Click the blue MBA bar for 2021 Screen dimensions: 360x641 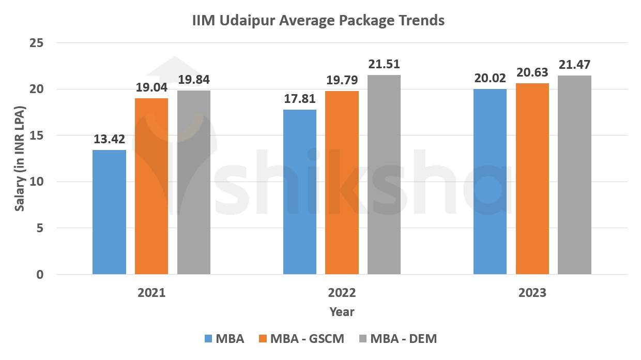click(x=109, y=212)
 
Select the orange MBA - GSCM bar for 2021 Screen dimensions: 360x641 click(x=151, y=186)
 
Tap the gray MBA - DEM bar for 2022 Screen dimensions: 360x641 click(x=384, y=175)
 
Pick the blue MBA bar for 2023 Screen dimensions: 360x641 click(x=490, y=182)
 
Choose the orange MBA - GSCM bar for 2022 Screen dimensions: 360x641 click(x=342, y=183)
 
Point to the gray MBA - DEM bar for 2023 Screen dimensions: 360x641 click(x=574, y=175)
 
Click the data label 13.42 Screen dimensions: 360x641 click(x=109, y=140)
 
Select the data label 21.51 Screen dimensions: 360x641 click(x=384, y=65)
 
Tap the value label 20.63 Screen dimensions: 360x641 click(x=532, y=72)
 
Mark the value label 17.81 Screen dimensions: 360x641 click(x=300, y=99)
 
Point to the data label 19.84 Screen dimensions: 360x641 click(x=194, y=80)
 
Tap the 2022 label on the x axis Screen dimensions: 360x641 click(x=342, y=293)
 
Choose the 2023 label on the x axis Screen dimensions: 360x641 click(x=532, y=293)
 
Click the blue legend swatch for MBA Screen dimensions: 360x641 click(x=208, y=339)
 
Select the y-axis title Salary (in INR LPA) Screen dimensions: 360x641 click(x=20, y=159)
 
